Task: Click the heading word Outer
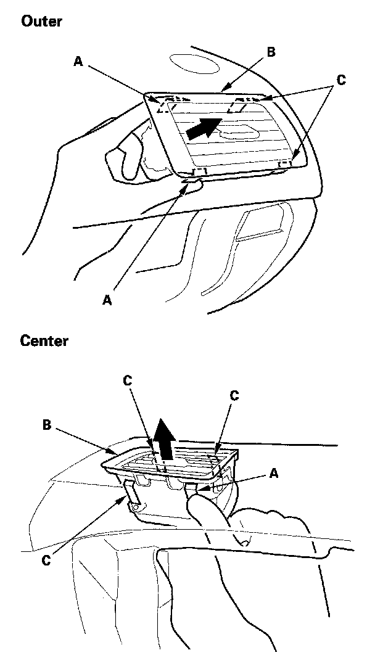(x=41, y=22)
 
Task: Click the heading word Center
(x=44, y=340)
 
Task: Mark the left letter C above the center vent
(x=128, y=380)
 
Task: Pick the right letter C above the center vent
(x=234, y=395)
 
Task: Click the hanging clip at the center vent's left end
(x=132, y=496)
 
